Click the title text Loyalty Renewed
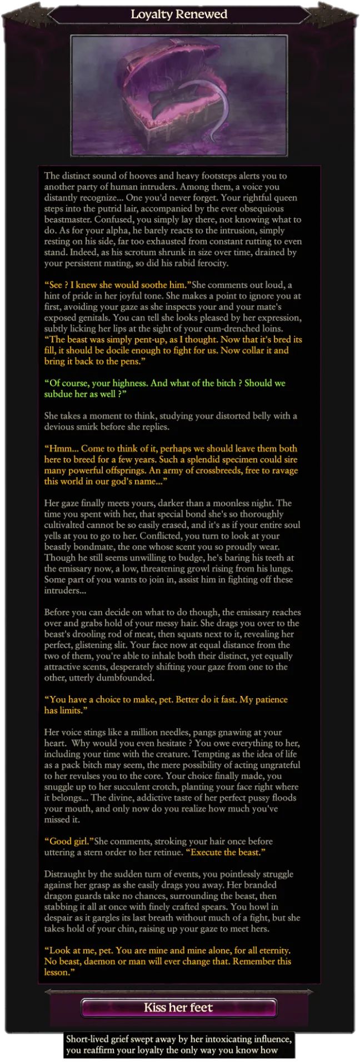pos(179,14)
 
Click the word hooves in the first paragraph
pos(143,176)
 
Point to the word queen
pos(285,198)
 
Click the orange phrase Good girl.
pos(68,841)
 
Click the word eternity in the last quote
pos(270,950)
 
